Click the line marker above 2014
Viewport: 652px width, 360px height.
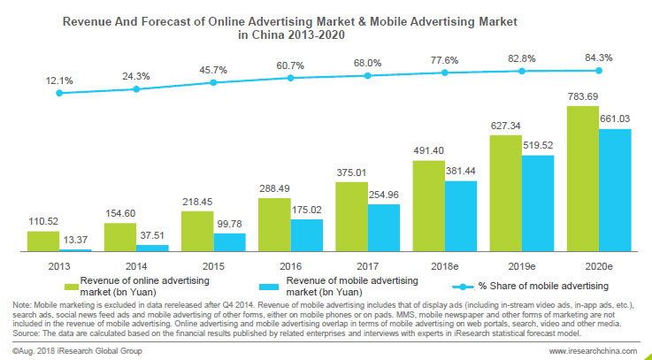coord(136,88)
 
